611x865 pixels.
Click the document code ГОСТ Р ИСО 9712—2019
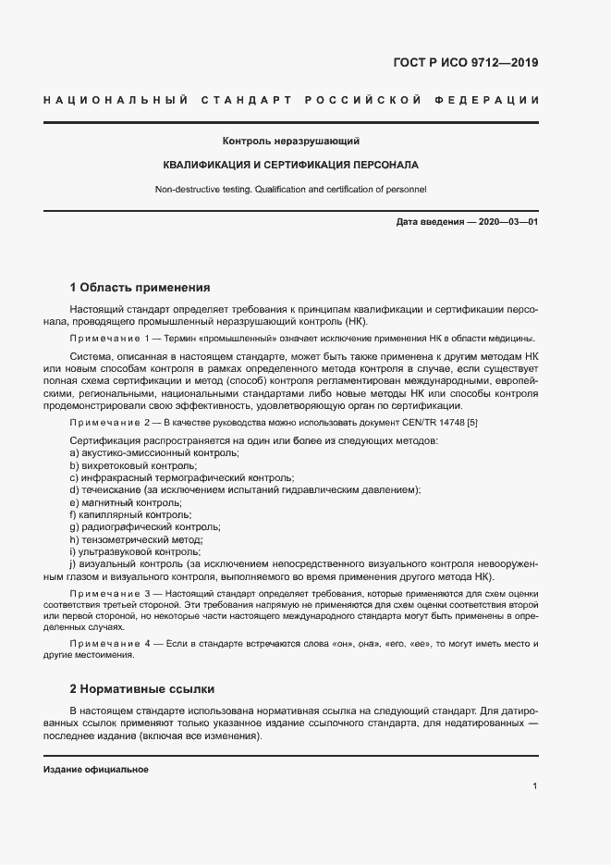[466, 64]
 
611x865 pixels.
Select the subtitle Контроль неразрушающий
[290, 142]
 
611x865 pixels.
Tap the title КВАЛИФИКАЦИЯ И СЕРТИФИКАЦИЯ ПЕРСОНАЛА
[290, 166]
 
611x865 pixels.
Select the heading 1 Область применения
[141, 288]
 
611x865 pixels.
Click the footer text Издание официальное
[96, 770]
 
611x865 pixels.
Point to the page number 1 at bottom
[535, 786]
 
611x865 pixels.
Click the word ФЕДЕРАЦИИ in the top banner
[493, 100]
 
